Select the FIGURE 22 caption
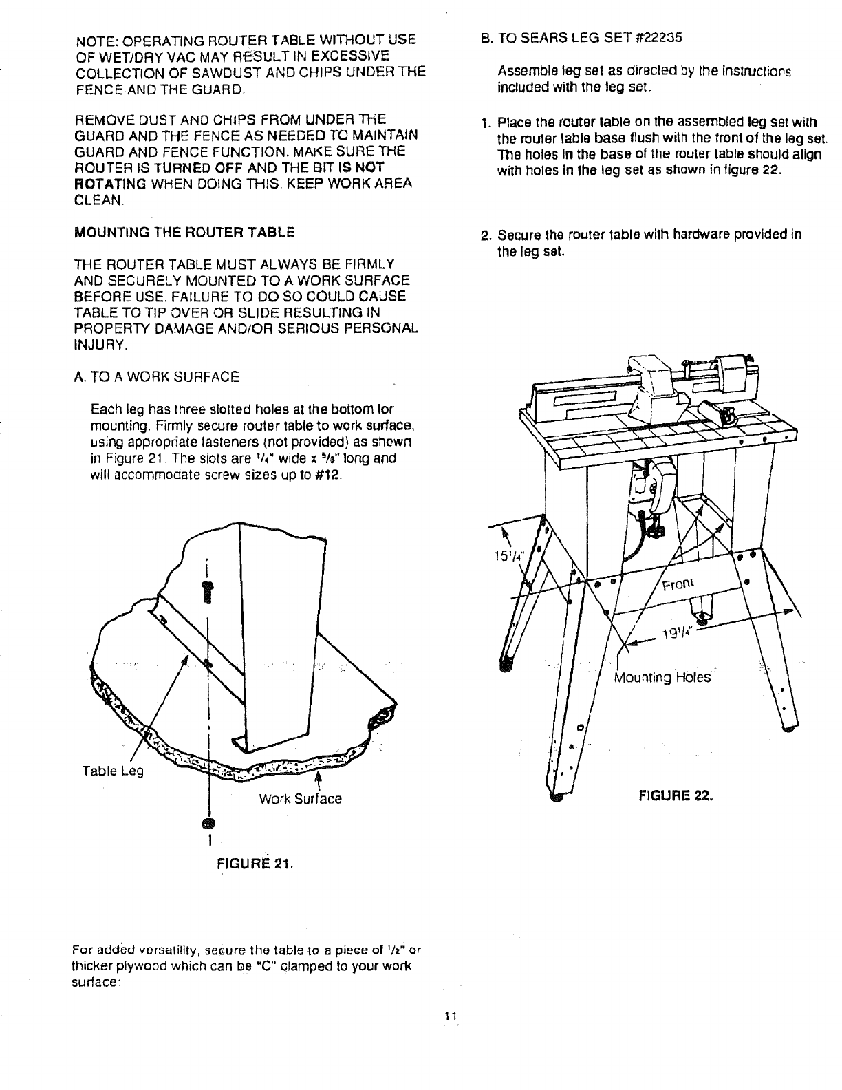(674, 797)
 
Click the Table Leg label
(113, 771)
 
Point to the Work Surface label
(300, 799)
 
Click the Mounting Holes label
(661, 678)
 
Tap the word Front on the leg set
(680, 584)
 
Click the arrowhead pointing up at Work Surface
(318, 776)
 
